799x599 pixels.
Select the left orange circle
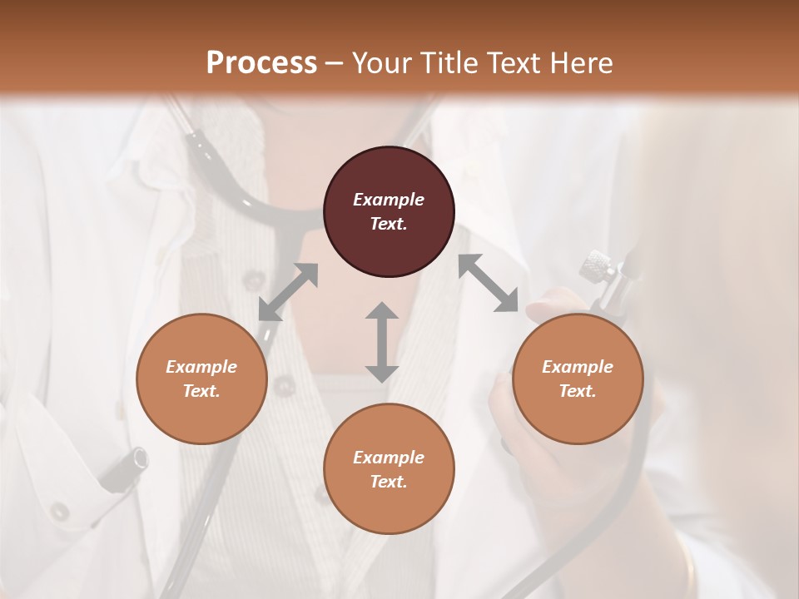tap(201, 379)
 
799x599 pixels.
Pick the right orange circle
tap(578, 379)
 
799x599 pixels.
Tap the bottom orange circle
tap(389, 468)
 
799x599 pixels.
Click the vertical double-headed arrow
tap(381, 342)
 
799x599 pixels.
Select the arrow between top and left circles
tap(288, 292)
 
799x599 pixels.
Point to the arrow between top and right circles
tap(488, 283)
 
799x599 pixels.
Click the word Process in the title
tap(261, 62)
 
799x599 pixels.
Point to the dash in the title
tap(335, 63)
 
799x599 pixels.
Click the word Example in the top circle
tap(389, 200)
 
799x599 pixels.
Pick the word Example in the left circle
tap(201, 367)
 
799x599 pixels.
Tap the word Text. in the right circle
tap(578, 391)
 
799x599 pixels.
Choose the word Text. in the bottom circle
tap(389, 482)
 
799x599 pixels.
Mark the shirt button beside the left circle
tap(285, 385)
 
